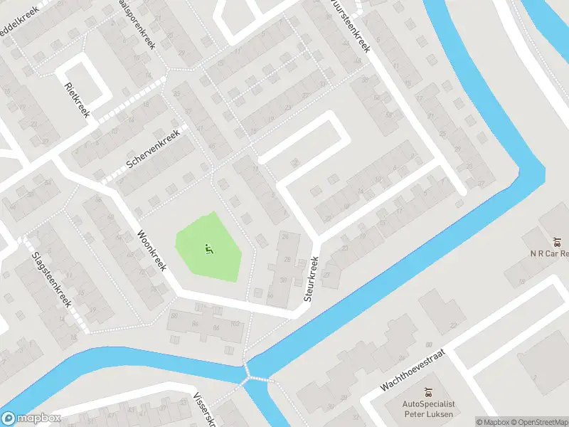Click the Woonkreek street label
pyautogui.click(x=151, y=250)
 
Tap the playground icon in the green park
pyautogui.click(x=208, y=249)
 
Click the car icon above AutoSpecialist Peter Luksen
pyautogui.click(x=428, y=391)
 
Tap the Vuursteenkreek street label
pyautogui.click(x=351, y=27)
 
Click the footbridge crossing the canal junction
pyautogui.click(x=248, y=370)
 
